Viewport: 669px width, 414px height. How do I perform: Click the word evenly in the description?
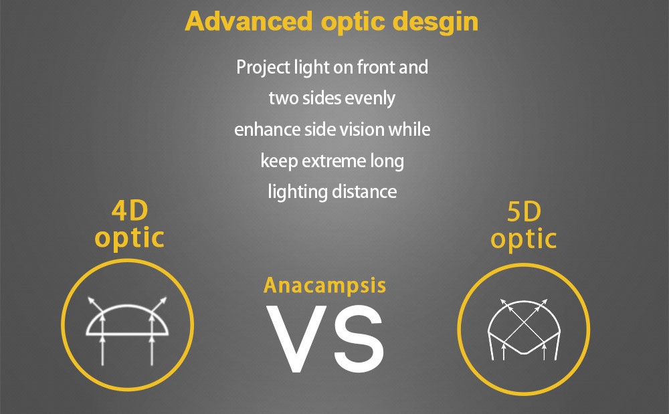click(x=370, y=99)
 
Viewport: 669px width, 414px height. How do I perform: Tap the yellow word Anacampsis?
click(x=324, y=286)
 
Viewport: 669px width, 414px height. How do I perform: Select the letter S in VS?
click(x=359, y=339)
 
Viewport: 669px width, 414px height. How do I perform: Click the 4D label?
click(x=130, y=211)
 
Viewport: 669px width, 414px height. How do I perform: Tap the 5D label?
click(x=524, y=212)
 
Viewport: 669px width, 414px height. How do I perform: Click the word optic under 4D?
click(x=129, y=239)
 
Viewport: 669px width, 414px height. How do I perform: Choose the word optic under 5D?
click(x=524, y=239)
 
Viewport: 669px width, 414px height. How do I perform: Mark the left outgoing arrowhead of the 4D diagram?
click(x=91, y=300)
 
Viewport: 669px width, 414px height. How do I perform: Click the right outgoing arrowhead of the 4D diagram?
click(x=163, y=300)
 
